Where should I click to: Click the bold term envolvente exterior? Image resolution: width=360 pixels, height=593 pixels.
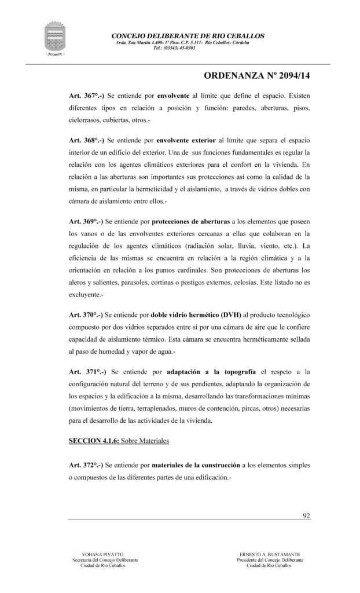pyautogui.click(x=184, y=140)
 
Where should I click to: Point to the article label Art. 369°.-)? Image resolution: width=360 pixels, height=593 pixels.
pyautogui.click(x=86, y=221)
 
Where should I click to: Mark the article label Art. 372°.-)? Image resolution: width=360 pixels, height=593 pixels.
pyautogui.click(x=86, y=466)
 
